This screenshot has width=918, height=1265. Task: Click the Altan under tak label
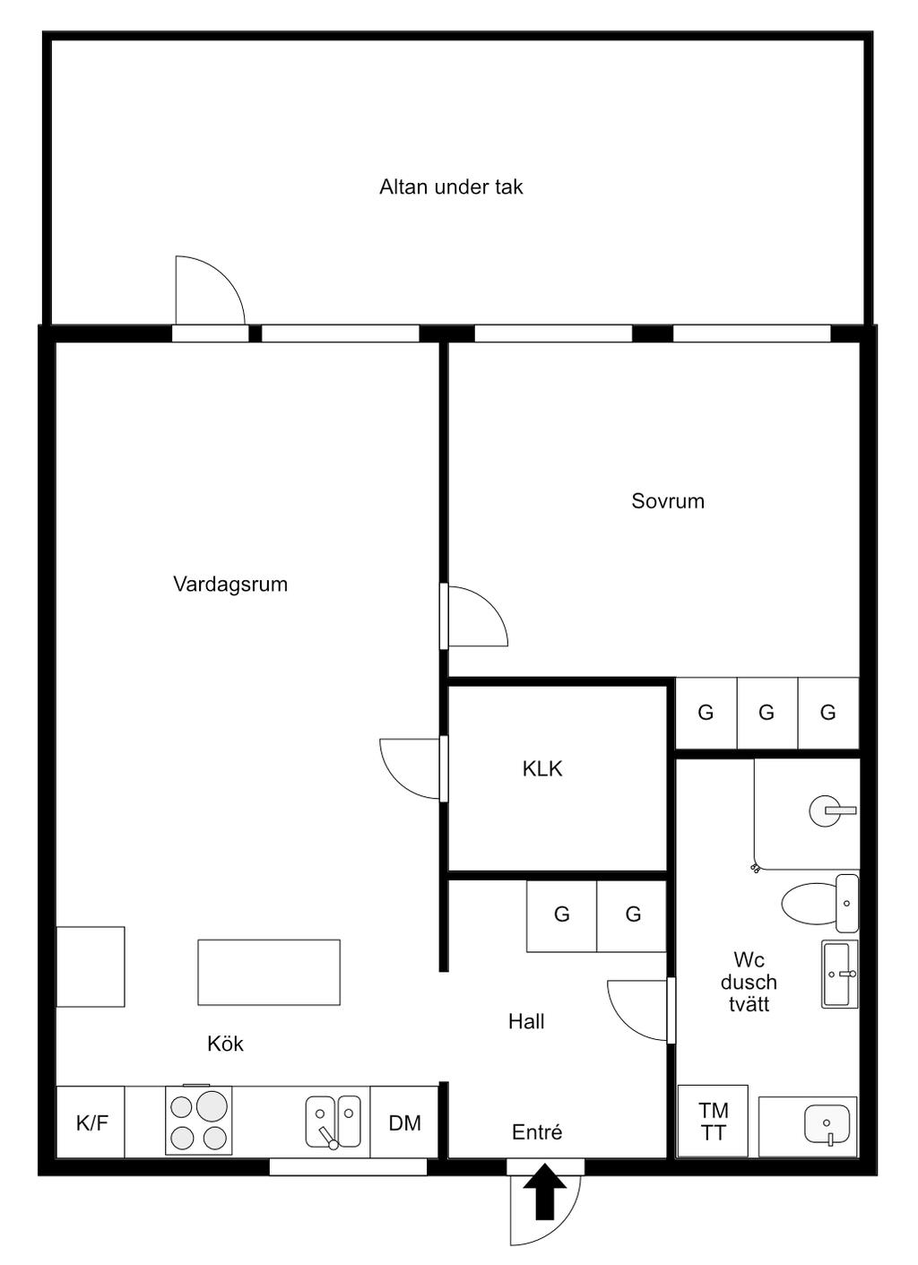[451, 187]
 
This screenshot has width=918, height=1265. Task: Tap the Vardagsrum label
[230, 585]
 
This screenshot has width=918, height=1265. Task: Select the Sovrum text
[667, 501]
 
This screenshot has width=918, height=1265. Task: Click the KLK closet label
[542, 769]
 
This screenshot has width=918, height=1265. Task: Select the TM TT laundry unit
[713, 1121]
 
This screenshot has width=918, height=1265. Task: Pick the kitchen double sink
[333, 1122]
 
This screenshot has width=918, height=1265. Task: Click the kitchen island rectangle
[269, 973]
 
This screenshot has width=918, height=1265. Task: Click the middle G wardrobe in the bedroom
[767, 714]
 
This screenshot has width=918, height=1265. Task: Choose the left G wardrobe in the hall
[562, 914]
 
